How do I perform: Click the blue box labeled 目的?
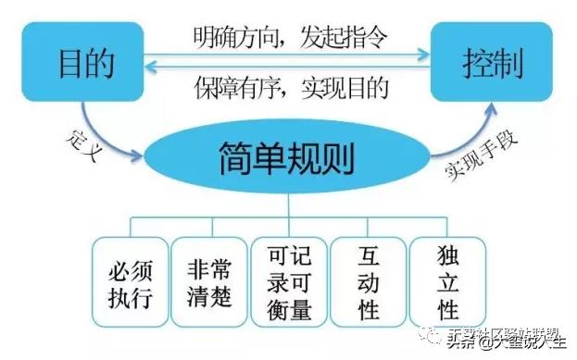pos(86,64)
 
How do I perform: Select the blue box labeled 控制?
pos(492,64)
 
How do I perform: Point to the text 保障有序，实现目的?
pos(290,88)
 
